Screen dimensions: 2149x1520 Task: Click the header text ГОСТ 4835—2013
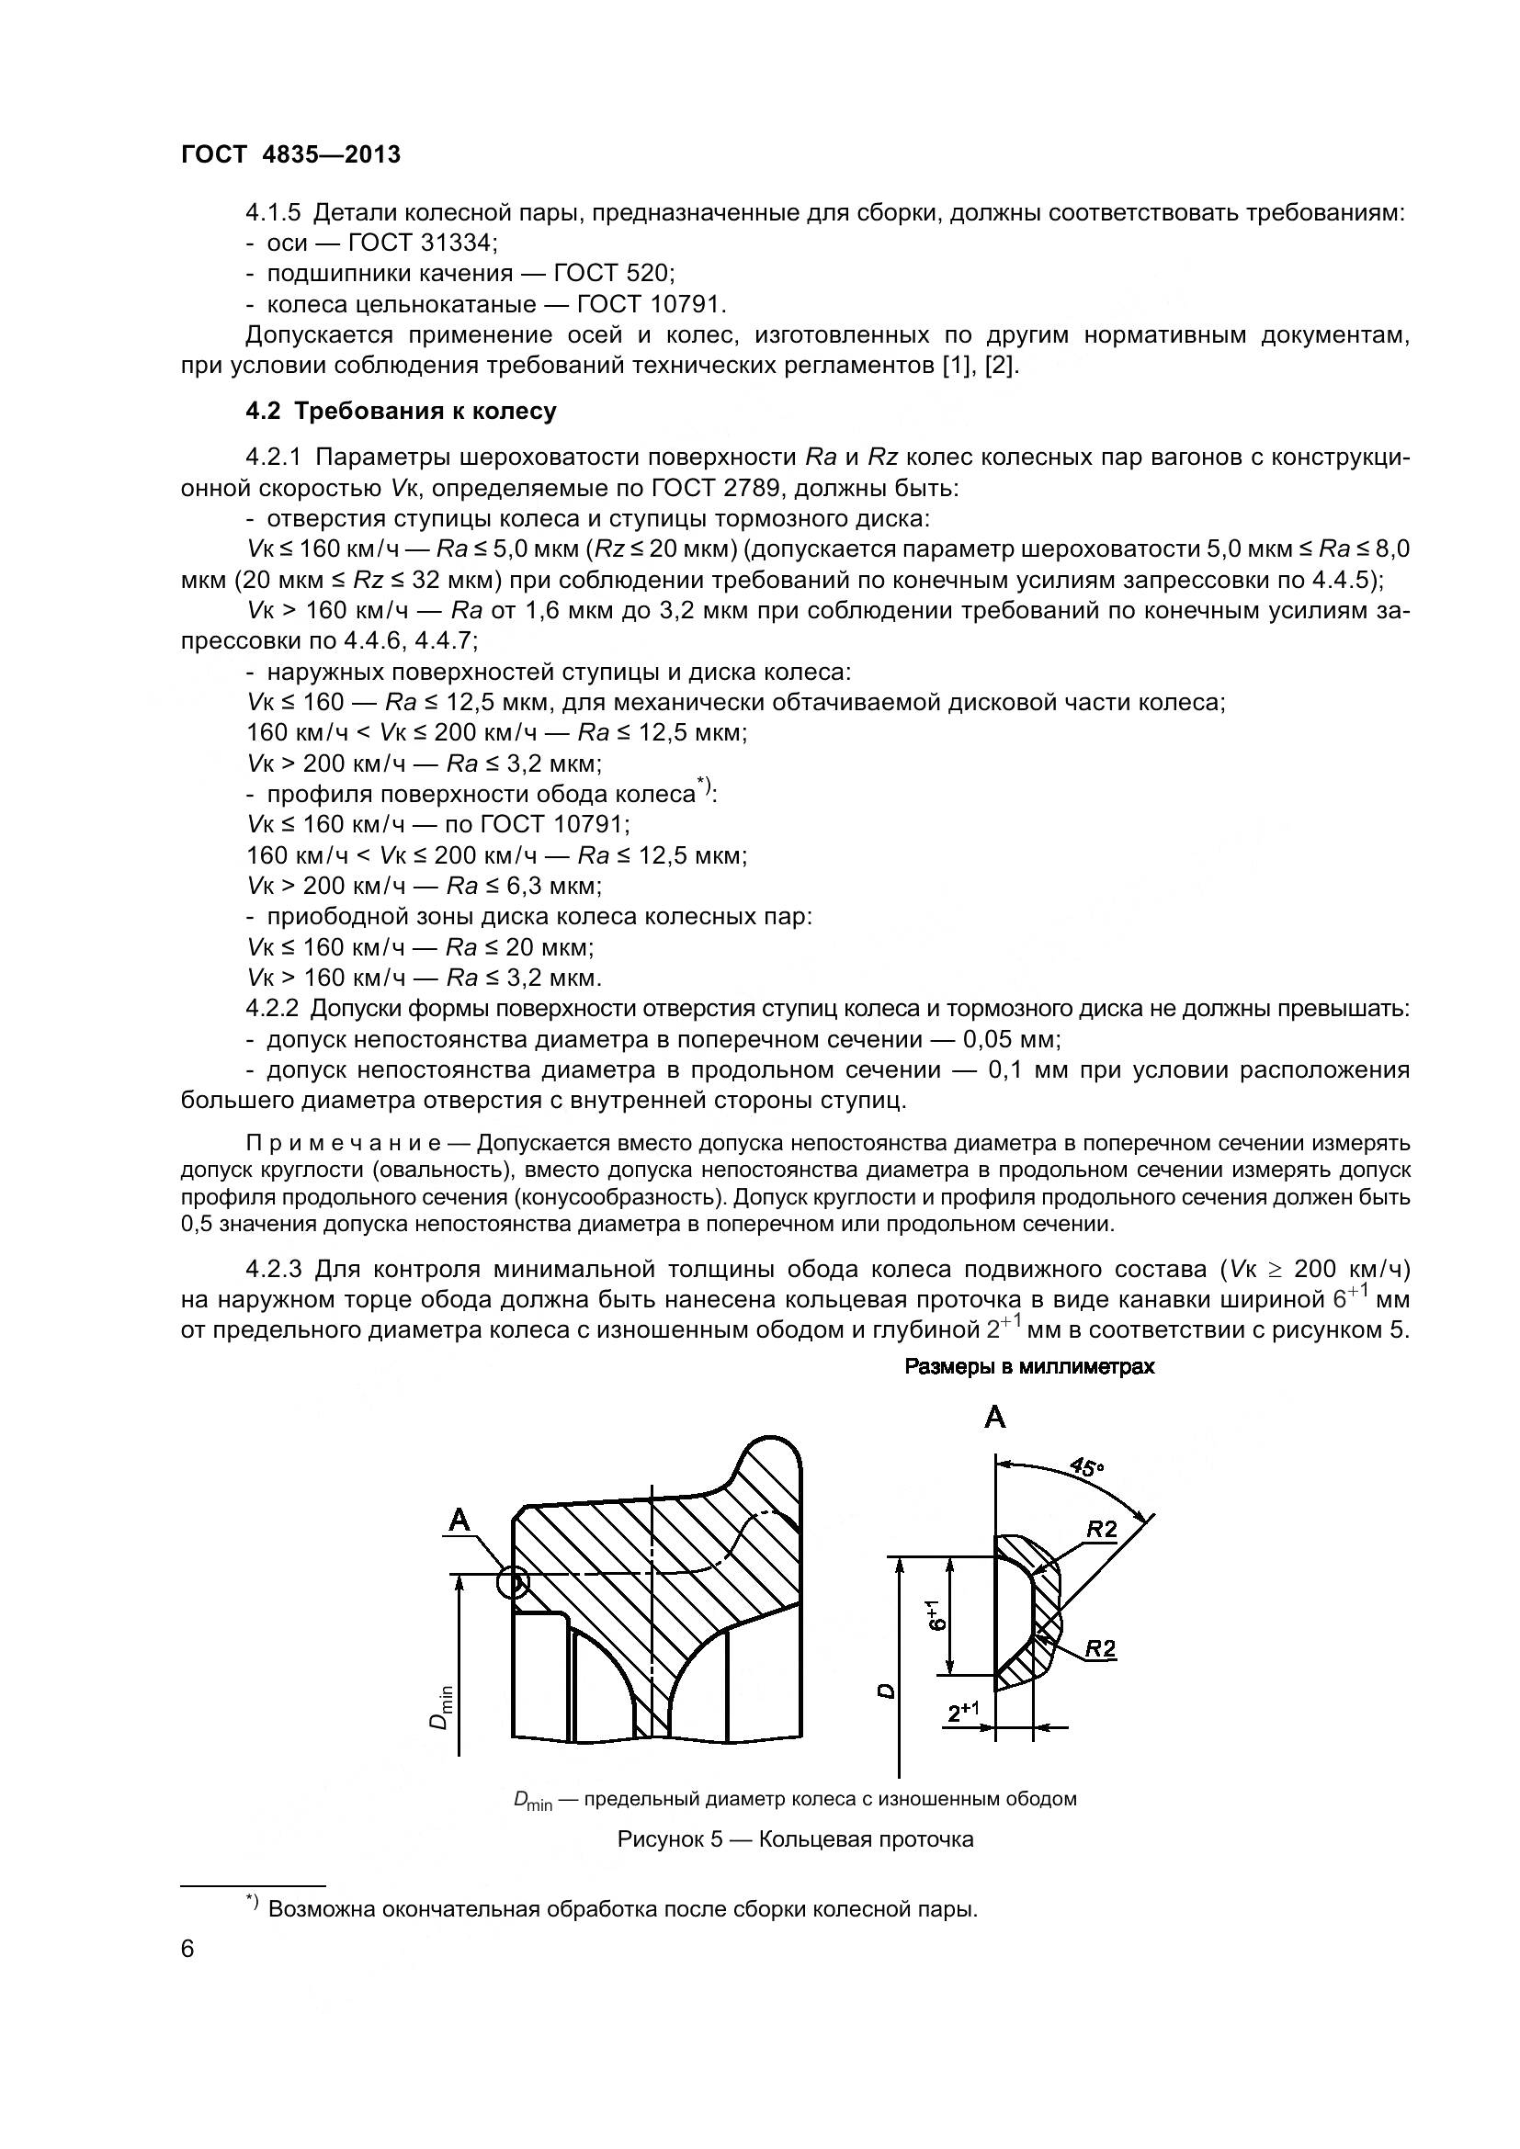pyautogui.click(x=290, y=154)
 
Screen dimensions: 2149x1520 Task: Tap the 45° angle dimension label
pyautogui.click(x=1085, y=1467)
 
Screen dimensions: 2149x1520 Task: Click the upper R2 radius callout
pyautogui.click(x=1102, y=1530)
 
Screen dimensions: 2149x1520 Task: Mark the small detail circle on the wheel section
pyautogui.click(x=513, y=1583)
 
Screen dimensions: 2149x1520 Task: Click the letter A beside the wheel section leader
pyautogui.click(x=459, y=1521)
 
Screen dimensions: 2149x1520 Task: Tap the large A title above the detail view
pyautogui.click(x=995, y=1418)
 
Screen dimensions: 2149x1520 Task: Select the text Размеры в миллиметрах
pyautogui.click(x=1029, y=1366)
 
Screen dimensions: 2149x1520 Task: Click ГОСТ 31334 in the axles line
pyautogui.click(x=421, y=243)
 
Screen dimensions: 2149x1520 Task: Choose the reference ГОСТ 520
pyautogui.click(x=613, y=273)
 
